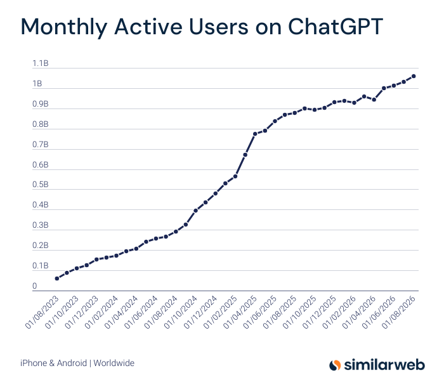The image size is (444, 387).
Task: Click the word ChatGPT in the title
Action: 336,27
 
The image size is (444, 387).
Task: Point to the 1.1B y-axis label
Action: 41,63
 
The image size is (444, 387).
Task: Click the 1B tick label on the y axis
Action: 37,84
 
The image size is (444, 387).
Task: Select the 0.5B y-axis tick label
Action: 41,185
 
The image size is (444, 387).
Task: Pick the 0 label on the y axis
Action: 34,286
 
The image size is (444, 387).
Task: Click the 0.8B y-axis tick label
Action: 41,124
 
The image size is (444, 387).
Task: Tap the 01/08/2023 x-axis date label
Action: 42,312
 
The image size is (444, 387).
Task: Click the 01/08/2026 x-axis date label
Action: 399,312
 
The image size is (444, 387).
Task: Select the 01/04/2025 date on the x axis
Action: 240,312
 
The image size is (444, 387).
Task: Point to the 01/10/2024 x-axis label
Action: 181,312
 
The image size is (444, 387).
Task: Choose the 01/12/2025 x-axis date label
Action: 320,312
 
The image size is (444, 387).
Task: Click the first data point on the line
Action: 57,279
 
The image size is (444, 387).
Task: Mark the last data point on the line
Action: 414,76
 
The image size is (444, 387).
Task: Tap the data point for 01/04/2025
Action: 255,134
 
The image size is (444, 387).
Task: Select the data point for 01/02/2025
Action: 235,176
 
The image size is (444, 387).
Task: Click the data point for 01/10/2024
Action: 195,211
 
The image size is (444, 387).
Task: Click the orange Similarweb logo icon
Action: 335,365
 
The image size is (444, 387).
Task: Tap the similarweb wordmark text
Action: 384,365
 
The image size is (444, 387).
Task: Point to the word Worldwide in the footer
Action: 114,363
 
